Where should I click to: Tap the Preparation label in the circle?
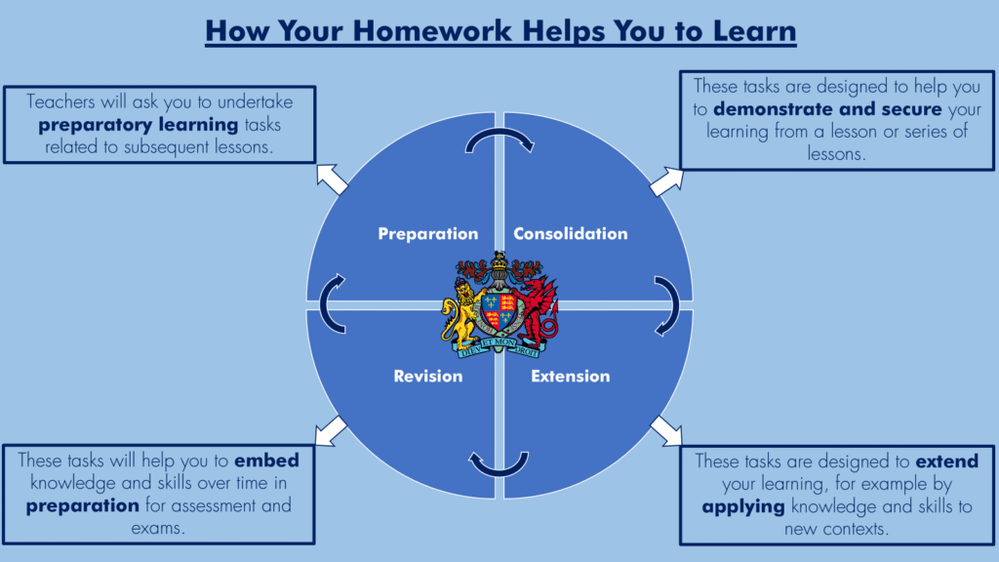(x=428, y=234)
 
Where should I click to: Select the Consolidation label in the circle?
(x=570, y=234)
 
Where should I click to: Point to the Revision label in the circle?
(x=428, y=376)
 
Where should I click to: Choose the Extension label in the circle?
(x=570, y=376)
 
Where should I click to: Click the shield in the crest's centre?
(x=499, y=312)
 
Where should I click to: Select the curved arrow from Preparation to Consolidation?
(x=499, y=132)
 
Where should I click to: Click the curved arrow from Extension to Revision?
(x=499, y=473)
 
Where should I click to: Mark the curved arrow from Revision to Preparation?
(x=323, y=304)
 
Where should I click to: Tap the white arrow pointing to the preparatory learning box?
(x=332, y=179)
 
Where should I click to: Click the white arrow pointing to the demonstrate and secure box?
(x=666, y=181)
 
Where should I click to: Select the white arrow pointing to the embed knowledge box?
(x=331, y=431)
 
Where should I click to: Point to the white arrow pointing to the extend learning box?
(x=666, y=431)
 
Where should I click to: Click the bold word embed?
(x=266, y=461)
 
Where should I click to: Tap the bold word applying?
(x=743, y=507)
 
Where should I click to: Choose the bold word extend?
(x=946, y=461)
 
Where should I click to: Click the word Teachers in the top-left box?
(x=60, y=101)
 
